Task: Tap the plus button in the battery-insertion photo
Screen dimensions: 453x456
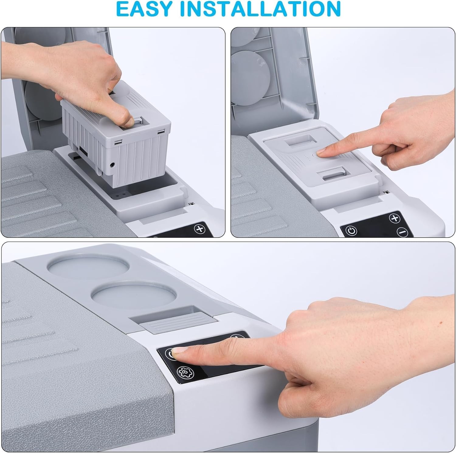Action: pyautogui.click(x=200, y=229)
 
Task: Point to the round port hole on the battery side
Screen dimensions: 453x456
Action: pyautogui.click(x=113, y=165)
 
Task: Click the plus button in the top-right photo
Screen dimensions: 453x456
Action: pyautogui.click(x=394, y=218)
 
